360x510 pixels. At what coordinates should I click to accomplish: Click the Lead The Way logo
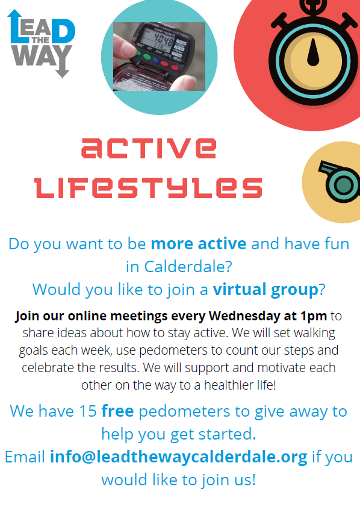click(x=41, y=43)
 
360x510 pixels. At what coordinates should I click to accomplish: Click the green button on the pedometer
click(x=147, y=57)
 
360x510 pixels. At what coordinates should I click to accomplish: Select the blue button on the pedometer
click(x=156, y=60)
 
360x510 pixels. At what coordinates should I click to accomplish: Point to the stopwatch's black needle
click(x=313, y=52)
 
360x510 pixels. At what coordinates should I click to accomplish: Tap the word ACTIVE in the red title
click(x=149, y=148)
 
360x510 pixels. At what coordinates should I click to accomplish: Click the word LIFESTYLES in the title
click(x=148, y=187)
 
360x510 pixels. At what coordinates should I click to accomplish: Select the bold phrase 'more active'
click(x=199, y=244)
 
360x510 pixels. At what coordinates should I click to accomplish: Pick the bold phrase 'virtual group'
click(x=265, y=290)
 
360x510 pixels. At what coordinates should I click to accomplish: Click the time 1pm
click(x=314, y=317)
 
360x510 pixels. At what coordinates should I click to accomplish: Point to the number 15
click(x=88, y=411)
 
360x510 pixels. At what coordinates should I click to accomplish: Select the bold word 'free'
click(x=118, y=411)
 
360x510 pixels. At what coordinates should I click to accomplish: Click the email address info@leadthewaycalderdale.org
click(x=179, y=456)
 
